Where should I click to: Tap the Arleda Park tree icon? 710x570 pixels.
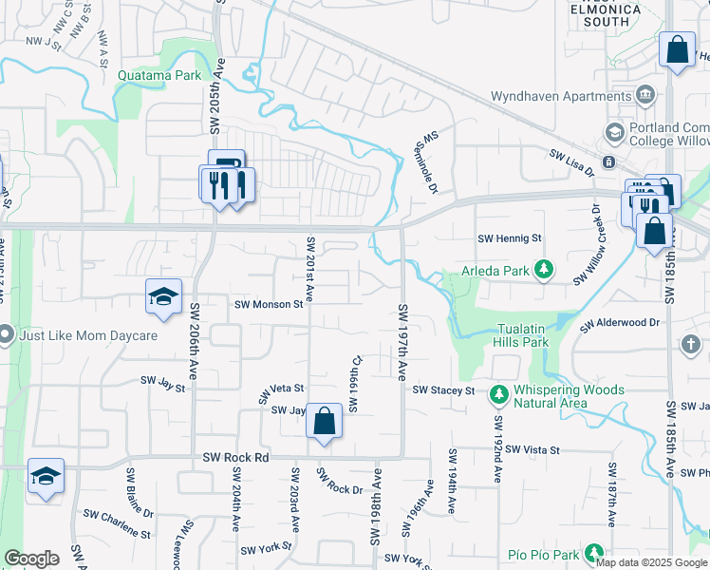[544, 270]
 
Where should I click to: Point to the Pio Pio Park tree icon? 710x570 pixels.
[594, 553]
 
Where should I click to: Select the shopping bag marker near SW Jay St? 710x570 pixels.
[324, 422]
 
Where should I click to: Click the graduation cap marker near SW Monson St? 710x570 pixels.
[163, 297]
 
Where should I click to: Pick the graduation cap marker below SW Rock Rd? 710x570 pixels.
[46, 477]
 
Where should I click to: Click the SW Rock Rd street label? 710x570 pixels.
[236, 457]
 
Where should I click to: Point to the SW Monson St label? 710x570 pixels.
[269, 304]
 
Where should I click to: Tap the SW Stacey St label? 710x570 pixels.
[443, 390]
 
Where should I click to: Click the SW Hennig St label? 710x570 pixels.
[509, 238]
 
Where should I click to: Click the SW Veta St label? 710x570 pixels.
[282, 389]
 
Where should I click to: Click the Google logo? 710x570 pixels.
[31, 559]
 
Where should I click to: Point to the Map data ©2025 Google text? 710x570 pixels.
[651, 562]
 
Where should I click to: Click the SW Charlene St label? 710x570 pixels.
[117, 516]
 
